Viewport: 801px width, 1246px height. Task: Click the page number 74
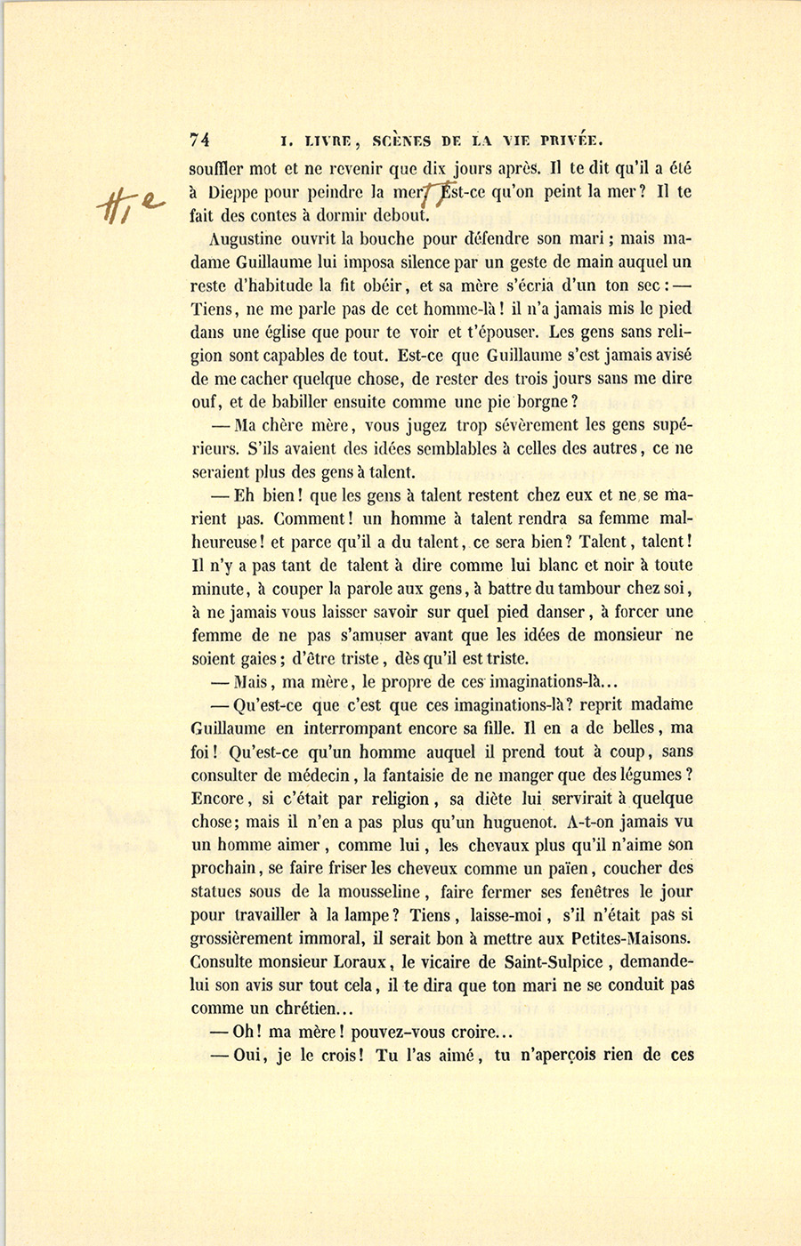click(199, 140)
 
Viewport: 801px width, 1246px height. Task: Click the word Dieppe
click(235, 191)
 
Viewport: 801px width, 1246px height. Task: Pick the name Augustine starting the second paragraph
click(245, 238)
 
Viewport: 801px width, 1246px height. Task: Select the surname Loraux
click(360, 961)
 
